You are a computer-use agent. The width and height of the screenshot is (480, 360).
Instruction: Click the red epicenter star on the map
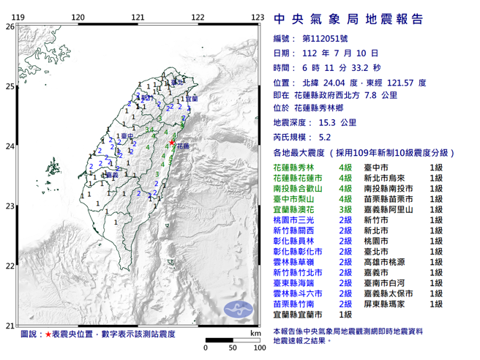[x=172, y=142]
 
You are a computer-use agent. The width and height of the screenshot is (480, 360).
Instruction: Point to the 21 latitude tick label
[x=10, y=326]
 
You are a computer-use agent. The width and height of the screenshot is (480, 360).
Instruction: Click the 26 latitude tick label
[x=10, y=26]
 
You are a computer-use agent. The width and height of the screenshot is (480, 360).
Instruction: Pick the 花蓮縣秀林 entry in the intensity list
[x=296, y=168]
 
